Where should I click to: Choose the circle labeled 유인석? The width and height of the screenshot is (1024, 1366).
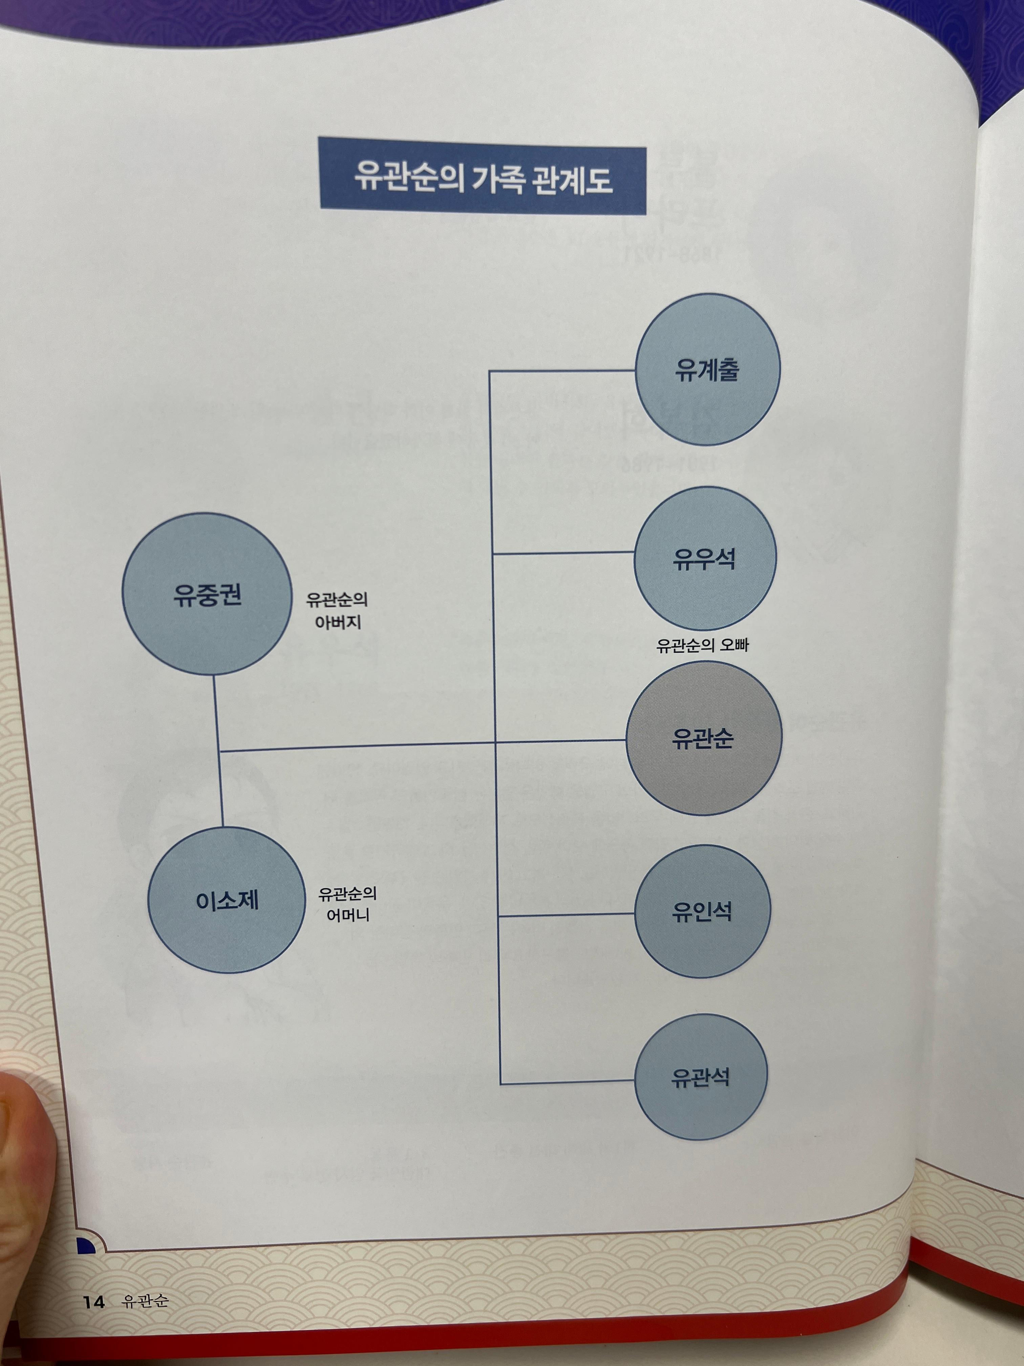click(x=702, y=911)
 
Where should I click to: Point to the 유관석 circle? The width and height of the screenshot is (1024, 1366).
click(x=701, y=1078)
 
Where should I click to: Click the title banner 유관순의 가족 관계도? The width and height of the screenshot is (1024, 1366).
click(x=483, y=177)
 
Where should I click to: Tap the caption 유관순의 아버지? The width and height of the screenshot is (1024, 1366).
click(x=337, y=610)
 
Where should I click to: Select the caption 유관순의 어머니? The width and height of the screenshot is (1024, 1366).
click(x=347, y=904)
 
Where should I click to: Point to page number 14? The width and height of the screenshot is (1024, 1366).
click(x=94, y=1302)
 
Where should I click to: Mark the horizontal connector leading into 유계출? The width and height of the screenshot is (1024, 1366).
click(x=562, y=371)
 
